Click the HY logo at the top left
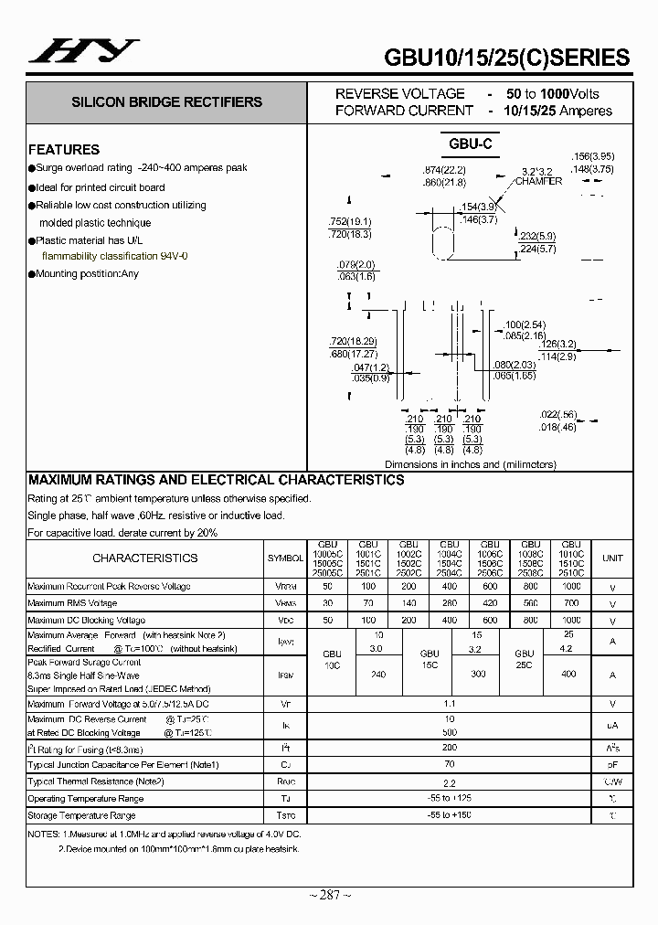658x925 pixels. (x=83, y=52)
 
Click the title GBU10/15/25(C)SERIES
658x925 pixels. (x=507, y=57)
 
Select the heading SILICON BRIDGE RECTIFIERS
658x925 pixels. (x=166, y=102)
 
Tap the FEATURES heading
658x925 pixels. (x=64, y=149)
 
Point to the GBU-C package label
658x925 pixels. (x=471, y=144)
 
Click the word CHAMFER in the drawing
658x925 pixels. (x=538, y=181)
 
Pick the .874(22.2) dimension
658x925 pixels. (x=444, y=171)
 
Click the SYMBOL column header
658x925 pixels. (x=286, y=558)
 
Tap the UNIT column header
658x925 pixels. (x=612, y=558)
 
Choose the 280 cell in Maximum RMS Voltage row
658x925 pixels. (x=449, y=603)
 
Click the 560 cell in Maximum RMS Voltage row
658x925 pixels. (x=530, y=603)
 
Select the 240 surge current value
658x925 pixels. (x=377, y=674)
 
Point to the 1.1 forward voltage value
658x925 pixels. (x=449, y=705)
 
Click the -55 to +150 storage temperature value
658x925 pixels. (x=449, y=814)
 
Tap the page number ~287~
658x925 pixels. (x=330, y=896)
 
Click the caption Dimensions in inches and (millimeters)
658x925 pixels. (x=470, y=464)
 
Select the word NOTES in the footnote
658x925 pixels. (x=43, y=835)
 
